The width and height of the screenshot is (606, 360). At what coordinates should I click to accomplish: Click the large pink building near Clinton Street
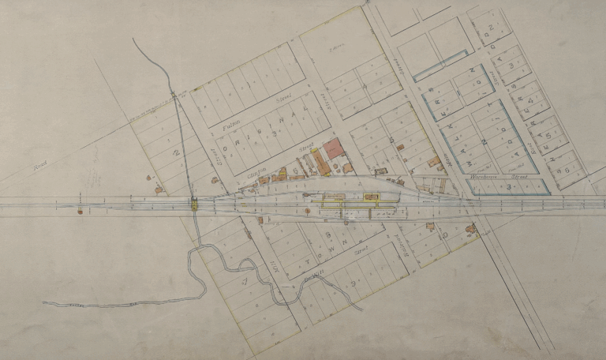(332, 148)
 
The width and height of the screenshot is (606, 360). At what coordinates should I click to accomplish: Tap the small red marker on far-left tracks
(79, 211)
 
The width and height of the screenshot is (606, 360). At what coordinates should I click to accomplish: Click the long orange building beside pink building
(320, 163)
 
